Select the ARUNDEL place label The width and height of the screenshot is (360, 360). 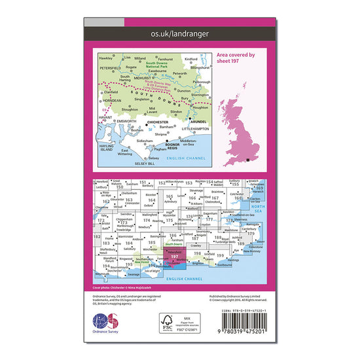197,121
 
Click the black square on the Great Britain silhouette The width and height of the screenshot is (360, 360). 248,159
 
